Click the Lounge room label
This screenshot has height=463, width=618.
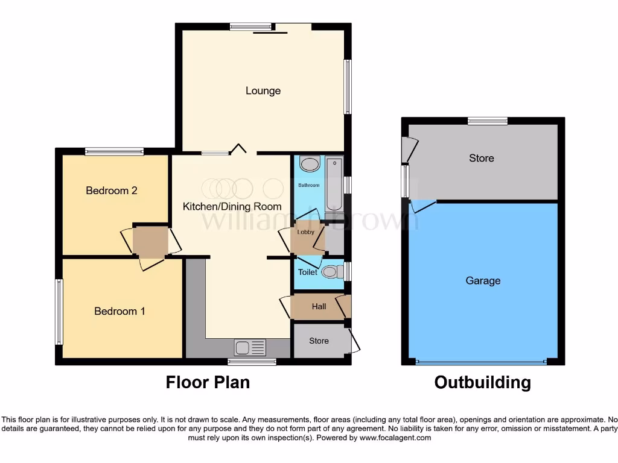[263, 91]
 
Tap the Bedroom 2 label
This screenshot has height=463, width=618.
[112, 191]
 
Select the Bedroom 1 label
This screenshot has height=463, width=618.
[119, 311]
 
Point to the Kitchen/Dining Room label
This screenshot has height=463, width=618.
[232, 207]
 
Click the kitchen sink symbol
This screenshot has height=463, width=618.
[249, 347]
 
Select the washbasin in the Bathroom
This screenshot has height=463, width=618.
[310, 165]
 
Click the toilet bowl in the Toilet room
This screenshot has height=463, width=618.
[330, 272]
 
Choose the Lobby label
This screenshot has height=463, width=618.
[306, 232]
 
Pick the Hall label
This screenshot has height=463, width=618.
[319, 307]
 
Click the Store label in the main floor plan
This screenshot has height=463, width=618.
[319, 341]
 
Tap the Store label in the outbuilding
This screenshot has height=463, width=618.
[482, 158]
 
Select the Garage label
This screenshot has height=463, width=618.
[483, 280]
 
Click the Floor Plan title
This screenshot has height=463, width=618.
[208, 382]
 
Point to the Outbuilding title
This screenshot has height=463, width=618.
[483, 382]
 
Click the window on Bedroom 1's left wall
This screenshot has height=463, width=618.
[59, 311]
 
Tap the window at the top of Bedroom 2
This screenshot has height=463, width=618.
[114, 151]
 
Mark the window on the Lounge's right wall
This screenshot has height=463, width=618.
[347, 86]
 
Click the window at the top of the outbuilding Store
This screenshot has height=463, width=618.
[488, 121]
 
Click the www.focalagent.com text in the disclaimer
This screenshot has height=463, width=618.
[395, 438]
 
